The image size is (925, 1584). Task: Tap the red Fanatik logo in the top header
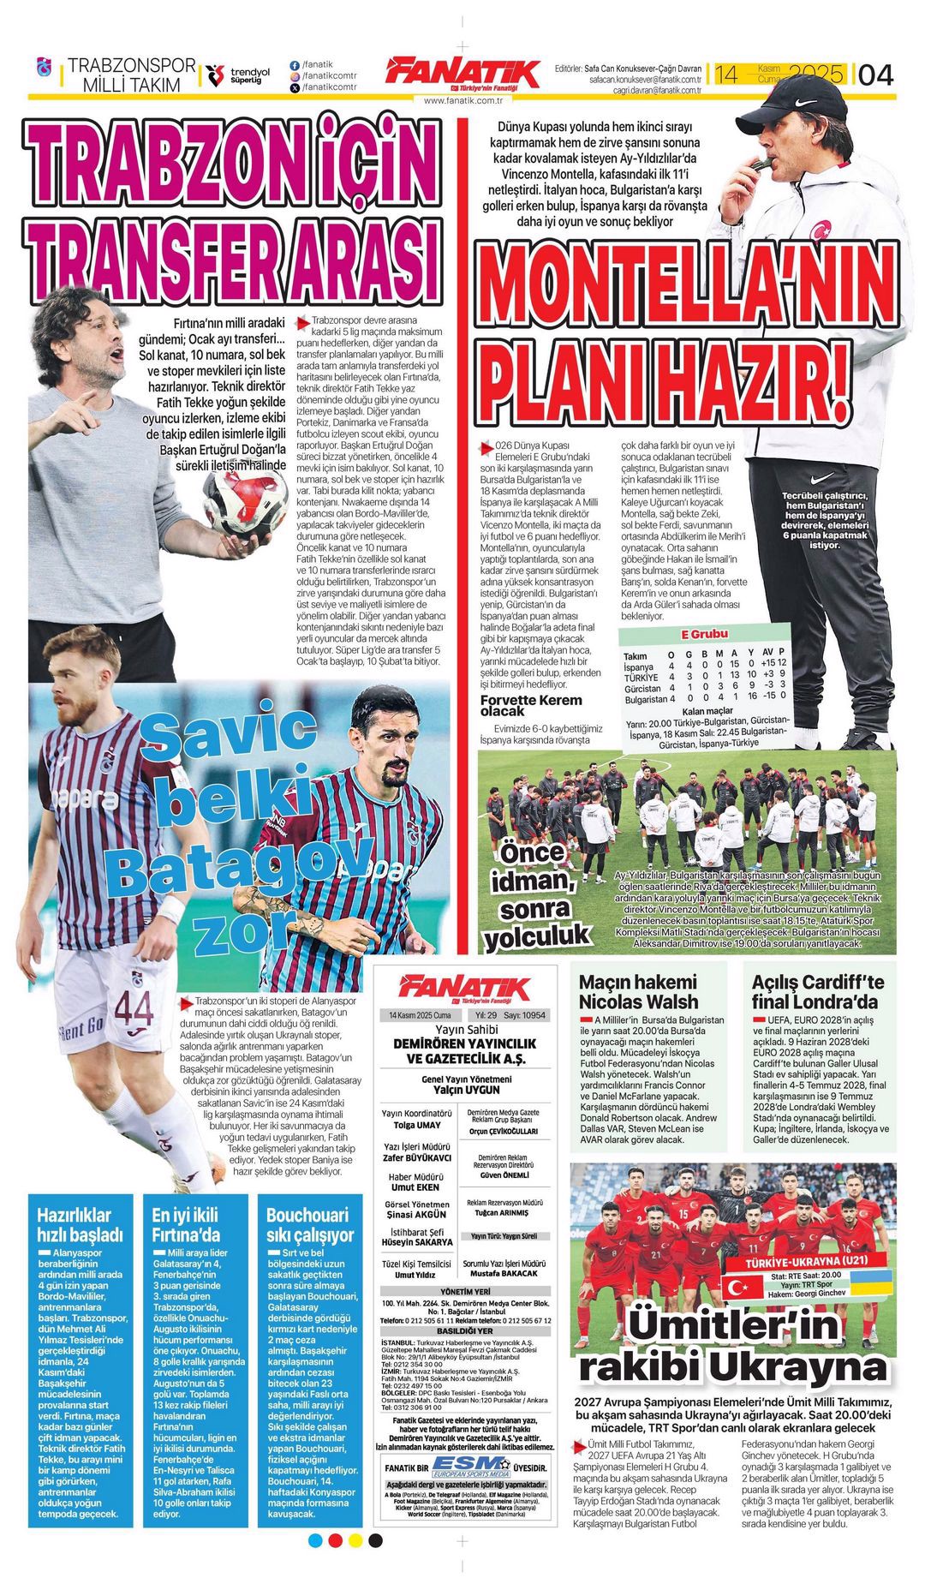(x=462, y=73)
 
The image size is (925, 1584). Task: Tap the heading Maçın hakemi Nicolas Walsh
(x=638, y=991)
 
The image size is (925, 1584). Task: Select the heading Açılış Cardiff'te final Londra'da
(x=817, y=991)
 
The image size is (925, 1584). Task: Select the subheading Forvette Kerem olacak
(x=524, y=705)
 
